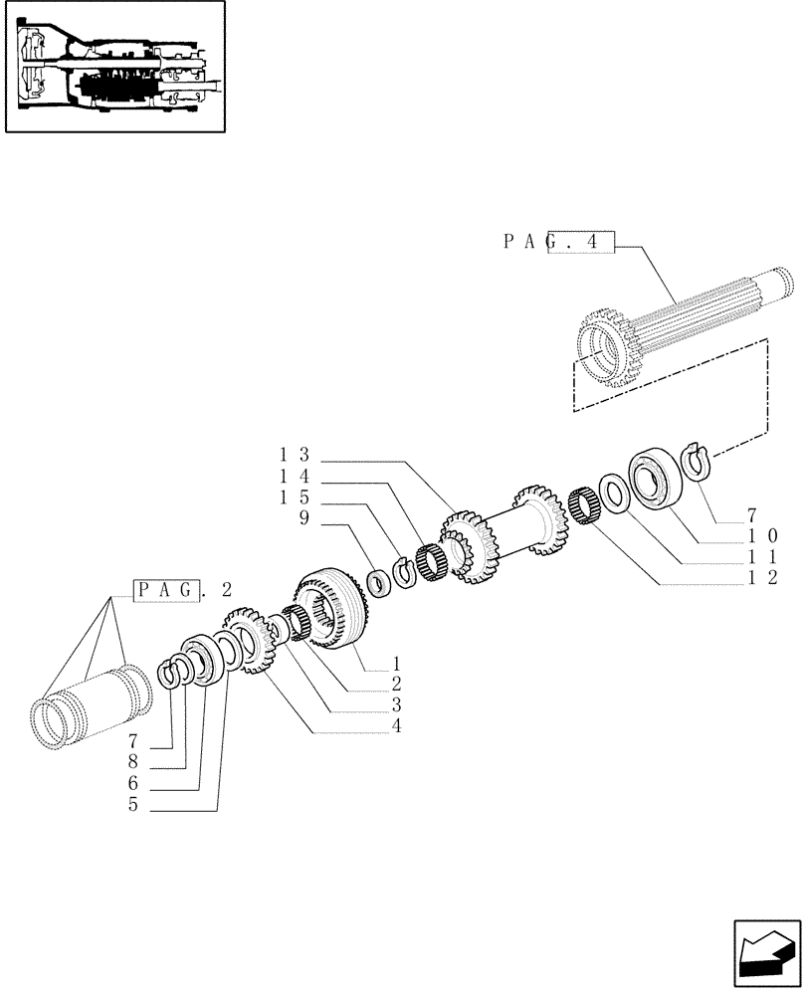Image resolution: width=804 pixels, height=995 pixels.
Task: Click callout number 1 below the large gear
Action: [396, 662]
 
